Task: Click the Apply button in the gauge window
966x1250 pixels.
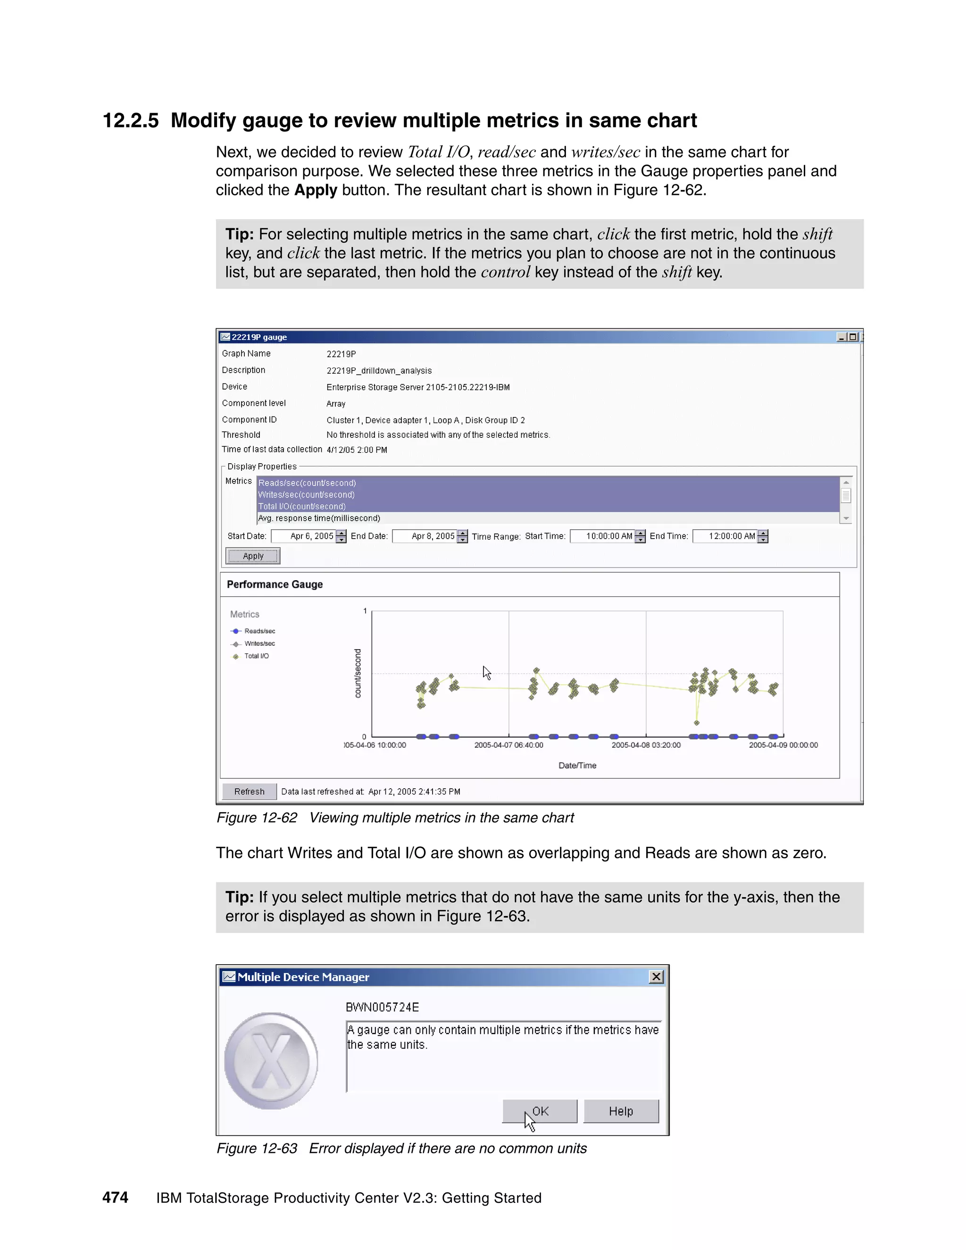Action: pos(252,556)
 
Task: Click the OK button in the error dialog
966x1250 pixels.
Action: pos(540,1111)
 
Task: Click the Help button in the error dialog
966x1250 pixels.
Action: pos(621,1111)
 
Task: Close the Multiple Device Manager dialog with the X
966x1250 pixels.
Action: pos(657,976)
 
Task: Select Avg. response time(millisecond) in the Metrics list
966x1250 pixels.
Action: pos(319,518)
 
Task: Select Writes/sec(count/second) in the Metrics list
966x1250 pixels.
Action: pos(306,494)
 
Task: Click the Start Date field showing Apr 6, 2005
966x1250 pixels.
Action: pos(303,536)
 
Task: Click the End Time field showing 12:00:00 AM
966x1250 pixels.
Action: pos(725,536)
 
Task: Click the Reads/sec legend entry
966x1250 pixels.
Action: pos(259,631)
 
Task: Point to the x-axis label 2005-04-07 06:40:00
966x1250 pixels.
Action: pos(509,745)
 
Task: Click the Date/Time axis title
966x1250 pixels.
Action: pos(577,765)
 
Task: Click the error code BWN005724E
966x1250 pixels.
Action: pos(382,1007)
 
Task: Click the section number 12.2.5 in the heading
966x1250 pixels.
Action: pos(131,121)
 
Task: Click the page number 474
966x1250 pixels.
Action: pos(115,1197)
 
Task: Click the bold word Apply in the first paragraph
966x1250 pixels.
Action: pos(316,190)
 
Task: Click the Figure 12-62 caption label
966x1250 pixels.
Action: pos(257,817)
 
